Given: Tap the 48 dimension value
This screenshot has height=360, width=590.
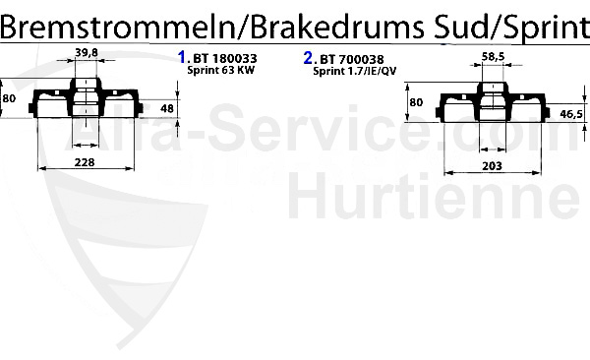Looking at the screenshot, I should (166, 108).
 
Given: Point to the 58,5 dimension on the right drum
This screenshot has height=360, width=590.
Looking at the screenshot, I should (493, 58).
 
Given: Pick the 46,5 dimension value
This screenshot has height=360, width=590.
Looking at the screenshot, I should (571, 114).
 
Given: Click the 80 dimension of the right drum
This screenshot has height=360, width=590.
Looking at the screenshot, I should (415, 102).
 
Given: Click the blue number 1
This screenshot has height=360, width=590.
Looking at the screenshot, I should (181, 57).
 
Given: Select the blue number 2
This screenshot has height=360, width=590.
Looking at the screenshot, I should (309, 57).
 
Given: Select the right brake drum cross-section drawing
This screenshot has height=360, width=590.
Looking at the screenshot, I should (492, 105).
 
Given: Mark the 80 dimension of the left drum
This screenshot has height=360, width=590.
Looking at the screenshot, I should (9, 98).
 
